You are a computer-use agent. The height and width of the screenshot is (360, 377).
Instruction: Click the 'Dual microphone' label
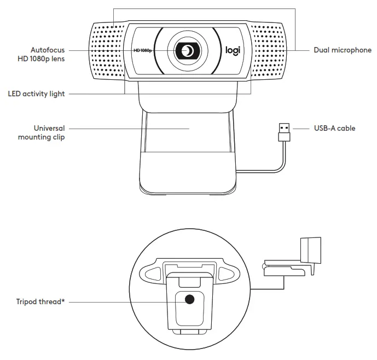pos(343,50)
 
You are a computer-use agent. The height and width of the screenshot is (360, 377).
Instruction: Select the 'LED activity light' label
pos(36,94)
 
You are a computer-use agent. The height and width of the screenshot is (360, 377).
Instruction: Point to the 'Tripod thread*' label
pos(41,301)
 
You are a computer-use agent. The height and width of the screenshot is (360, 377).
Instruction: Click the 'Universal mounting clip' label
pos(42,133)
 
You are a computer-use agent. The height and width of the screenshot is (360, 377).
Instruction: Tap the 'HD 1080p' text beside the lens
pos(143,51)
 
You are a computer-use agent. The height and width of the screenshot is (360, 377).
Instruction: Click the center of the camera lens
pos(188,51)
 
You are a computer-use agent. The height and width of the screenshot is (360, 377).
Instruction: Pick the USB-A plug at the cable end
pos(283,130)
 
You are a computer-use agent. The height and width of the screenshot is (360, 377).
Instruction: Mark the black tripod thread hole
pos(190,299)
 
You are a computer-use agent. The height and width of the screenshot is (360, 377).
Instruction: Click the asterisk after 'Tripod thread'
pos(63,300)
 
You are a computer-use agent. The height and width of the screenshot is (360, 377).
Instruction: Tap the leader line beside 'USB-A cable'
pos(303,129)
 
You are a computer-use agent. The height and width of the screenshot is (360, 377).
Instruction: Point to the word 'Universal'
pos(49,129)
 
